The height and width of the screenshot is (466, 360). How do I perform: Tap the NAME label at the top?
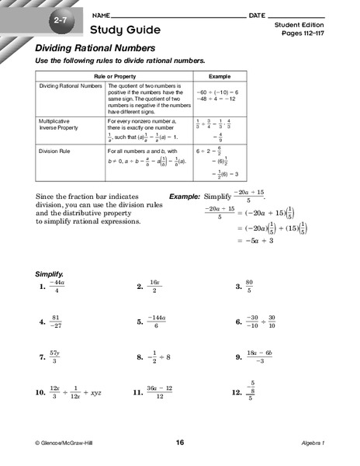[x=100, y=16]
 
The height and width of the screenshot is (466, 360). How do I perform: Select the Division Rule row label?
[x=55, y=151]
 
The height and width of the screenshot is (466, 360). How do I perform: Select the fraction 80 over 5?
[x=249, y=287]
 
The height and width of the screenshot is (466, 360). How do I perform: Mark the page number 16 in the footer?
[x=180, y=443]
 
